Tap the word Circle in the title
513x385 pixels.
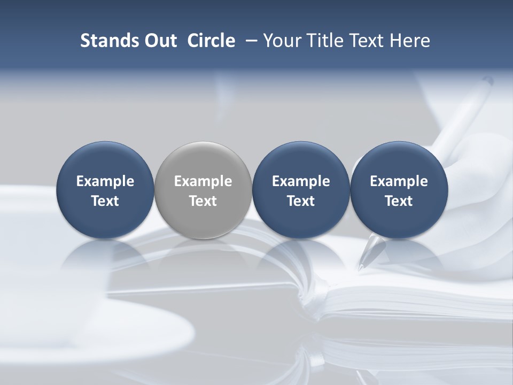point(211,41)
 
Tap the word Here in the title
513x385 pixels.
point(410,41)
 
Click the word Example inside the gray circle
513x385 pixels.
point(203,181)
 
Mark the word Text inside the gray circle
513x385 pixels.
point(203,201)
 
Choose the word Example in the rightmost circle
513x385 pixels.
point(399,181)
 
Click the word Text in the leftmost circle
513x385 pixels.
point(105,201)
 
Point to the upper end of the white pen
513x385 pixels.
point(487,81)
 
